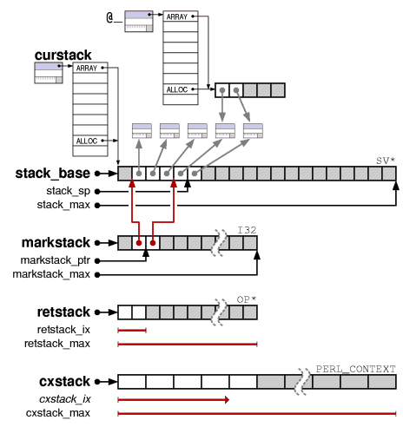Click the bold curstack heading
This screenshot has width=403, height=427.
[63, 55]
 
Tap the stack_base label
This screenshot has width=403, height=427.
[53, 174]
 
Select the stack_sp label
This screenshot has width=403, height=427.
[69, 191]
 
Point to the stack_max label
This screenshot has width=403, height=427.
[63, 205]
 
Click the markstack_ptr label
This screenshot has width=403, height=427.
[56, 260]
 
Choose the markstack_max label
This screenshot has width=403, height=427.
[51, 274]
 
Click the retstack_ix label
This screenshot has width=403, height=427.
[63, 330]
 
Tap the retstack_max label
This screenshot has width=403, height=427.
[57, 344]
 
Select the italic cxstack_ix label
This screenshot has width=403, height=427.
[65, 399]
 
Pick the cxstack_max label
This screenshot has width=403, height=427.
[58, 413]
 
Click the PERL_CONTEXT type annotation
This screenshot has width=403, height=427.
[355, 369]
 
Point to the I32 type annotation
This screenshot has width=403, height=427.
[247, 230]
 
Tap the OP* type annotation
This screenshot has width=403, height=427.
[247, 299]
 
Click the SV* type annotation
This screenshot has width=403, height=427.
[386, 161]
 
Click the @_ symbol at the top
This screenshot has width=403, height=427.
[114, 18]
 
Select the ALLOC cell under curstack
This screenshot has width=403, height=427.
[90, 141]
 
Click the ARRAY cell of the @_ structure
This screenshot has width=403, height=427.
[181, 16]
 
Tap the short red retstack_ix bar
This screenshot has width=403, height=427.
[132, 331]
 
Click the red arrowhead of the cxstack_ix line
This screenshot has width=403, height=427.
[227, 400]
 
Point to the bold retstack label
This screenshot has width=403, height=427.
[63, 312]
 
